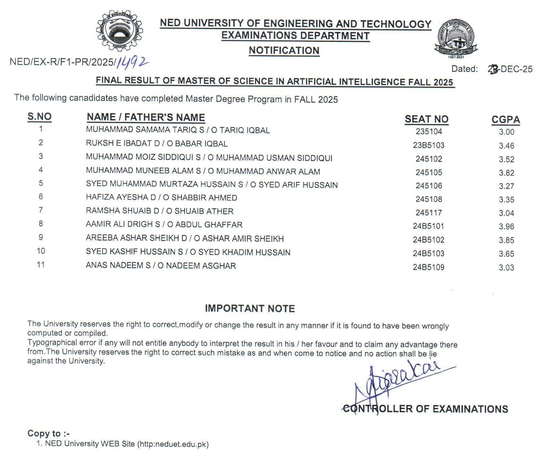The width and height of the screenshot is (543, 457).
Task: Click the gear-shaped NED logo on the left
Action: [119, 30]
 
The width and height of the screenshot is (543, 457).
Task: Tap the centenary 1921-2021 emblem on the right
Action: [456, 39]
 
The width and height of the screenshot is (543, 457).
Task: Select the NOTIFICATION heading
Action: [284, 50]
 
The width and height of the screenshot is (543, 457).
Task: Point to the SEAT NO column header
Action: [426, 119]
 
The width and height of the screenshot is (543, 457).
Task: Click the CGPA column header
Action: [505, 120]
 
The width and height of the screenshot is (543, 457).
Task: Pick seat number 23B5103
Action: [429, 145]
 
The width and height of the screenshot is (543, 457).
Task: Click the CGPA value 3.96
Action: [506, 227]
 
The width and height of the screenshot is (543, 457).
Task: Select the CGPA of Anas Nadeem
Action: [506, 268]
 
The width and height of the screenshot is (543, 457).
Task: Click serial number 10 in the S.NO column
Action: [41, 251]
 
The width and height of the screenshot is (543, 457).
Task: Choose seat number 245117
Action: [429, 213]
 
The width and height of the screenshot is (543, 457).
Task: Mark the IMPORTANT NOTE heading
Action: [250, 308]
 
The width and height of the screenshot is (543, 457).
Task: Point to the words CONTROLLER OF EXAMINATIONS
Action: [425, 409]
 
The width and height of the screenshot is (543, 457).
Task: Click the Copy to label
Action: [48, 434]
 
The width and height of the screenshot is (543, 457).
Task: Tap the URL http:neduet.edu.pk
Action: [173, 444]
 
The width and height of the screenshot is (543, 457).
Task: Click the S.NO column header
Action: [39, 117]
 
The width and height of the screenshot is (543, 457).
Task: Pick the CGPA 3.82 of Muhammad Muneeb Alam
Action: [506, 173]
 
